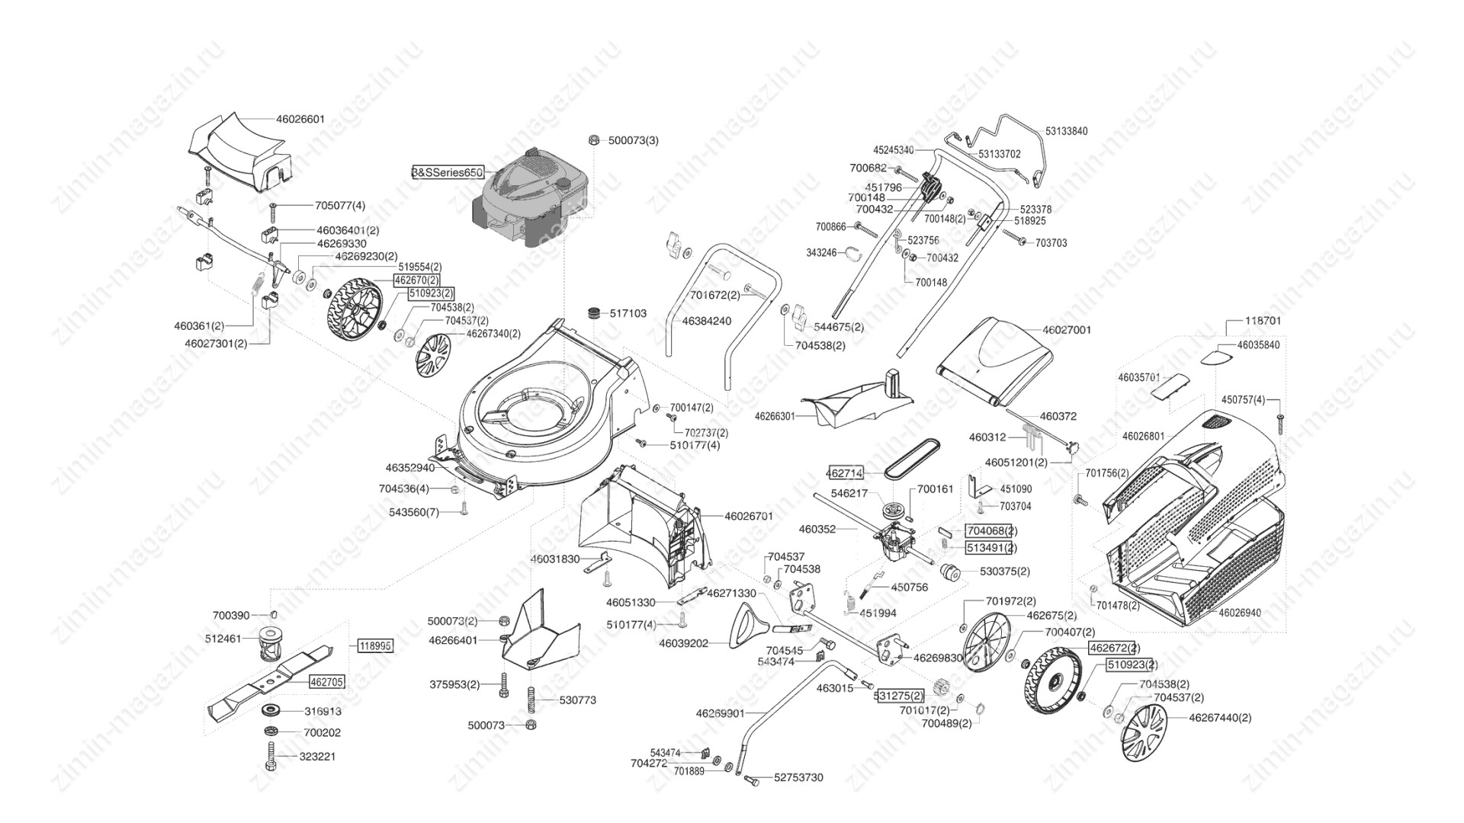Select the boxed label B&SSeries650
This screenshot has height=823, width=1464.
pyautogui.click(x=448, y=173)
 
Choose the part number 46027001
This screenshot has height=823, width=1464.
pyautogui.click(x=1067, y=330)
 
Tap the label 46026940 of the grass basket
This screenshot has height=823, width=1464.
pyautogui.click(x=1239, y=613)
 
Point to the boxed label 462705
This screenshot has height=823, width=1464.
pyautogui.click(x=326, y=682)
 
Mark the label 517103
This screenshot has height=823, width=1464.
pyautogui.click(x=628, y=313)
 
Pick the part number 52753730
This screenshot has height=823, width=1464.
pyautogui.click(x=798, y=778)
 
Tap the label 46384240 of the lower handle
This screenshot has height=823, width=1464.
pyautogui.click(x=706, y=321)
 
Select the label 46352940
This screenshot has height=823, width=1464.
pyautogui.click(x=409, y=467)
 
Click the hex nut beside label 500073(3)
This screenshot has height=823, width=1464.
pyautogui.click(x=593, y=139)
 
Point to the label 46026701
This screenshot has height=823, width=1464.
pyautogui.click(x=749, y=516)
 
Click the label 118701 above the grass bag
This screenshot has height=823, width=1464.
pyautogui.click(x=1263, y=321)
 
